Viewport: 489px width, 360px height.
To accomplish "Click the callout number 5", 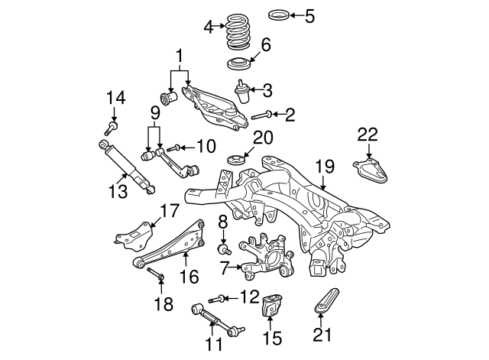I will [x=309, y=15].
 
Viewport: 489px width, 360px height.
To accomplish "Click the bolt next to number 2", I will [x=261, y=115].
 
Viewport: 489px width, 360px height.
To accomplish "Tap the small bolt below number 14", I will [x=113, y=125].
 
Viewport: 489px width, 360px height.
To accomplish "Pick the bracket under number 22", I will [x=371, y=172].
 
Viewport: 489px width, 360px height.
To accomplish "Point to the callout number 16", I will [x=188, y=276].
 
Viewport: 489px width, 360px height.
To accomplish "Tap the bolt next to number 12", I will [x=217, y=298].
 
